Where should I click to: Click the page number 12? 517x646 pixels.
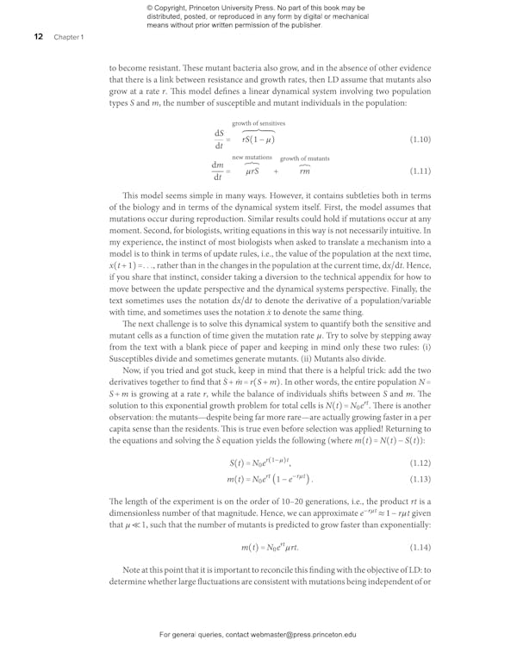click(x=27, y=38)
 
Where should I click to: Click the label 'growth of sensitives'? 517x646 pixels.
click(x=258, y=124)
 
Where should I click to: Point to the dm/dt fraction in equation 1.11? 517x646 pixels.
click(x=219, y=171)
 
